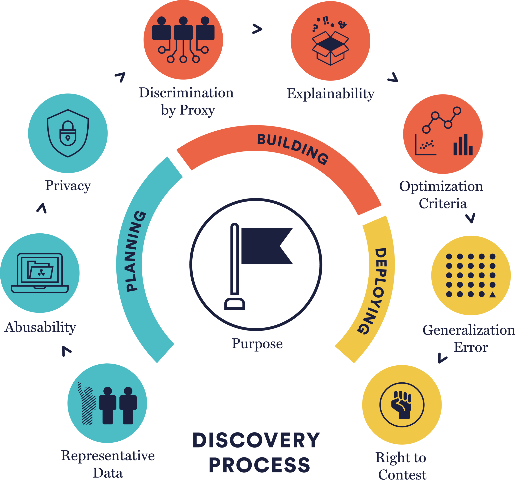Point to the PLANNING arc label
(x=136, y=251)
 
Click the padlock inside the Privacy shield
(x=68, y=134)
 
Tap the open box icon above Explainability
(x=330, y=48)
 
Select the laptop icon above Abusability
(x=40, y=273)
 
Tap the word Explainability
(x=330, y=94)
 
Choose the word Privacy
(x=68, y=186)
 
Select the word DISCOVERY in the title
(x=256, y=440)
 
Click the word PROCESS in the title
(x=259, y=465)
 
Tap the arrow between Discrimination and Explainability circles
(x=257, y=29)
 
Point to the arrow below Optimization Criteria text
(x=471, y=218)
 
